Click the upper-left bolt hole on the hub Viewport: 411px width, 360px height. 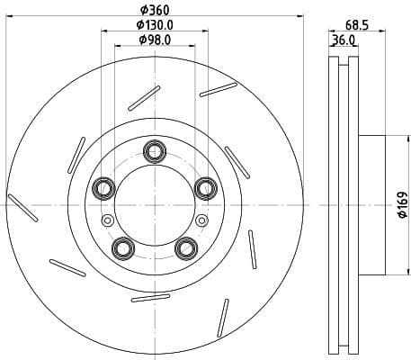(103, 188)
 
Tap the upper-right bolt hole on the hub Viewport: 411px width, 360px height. (204, 187)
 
